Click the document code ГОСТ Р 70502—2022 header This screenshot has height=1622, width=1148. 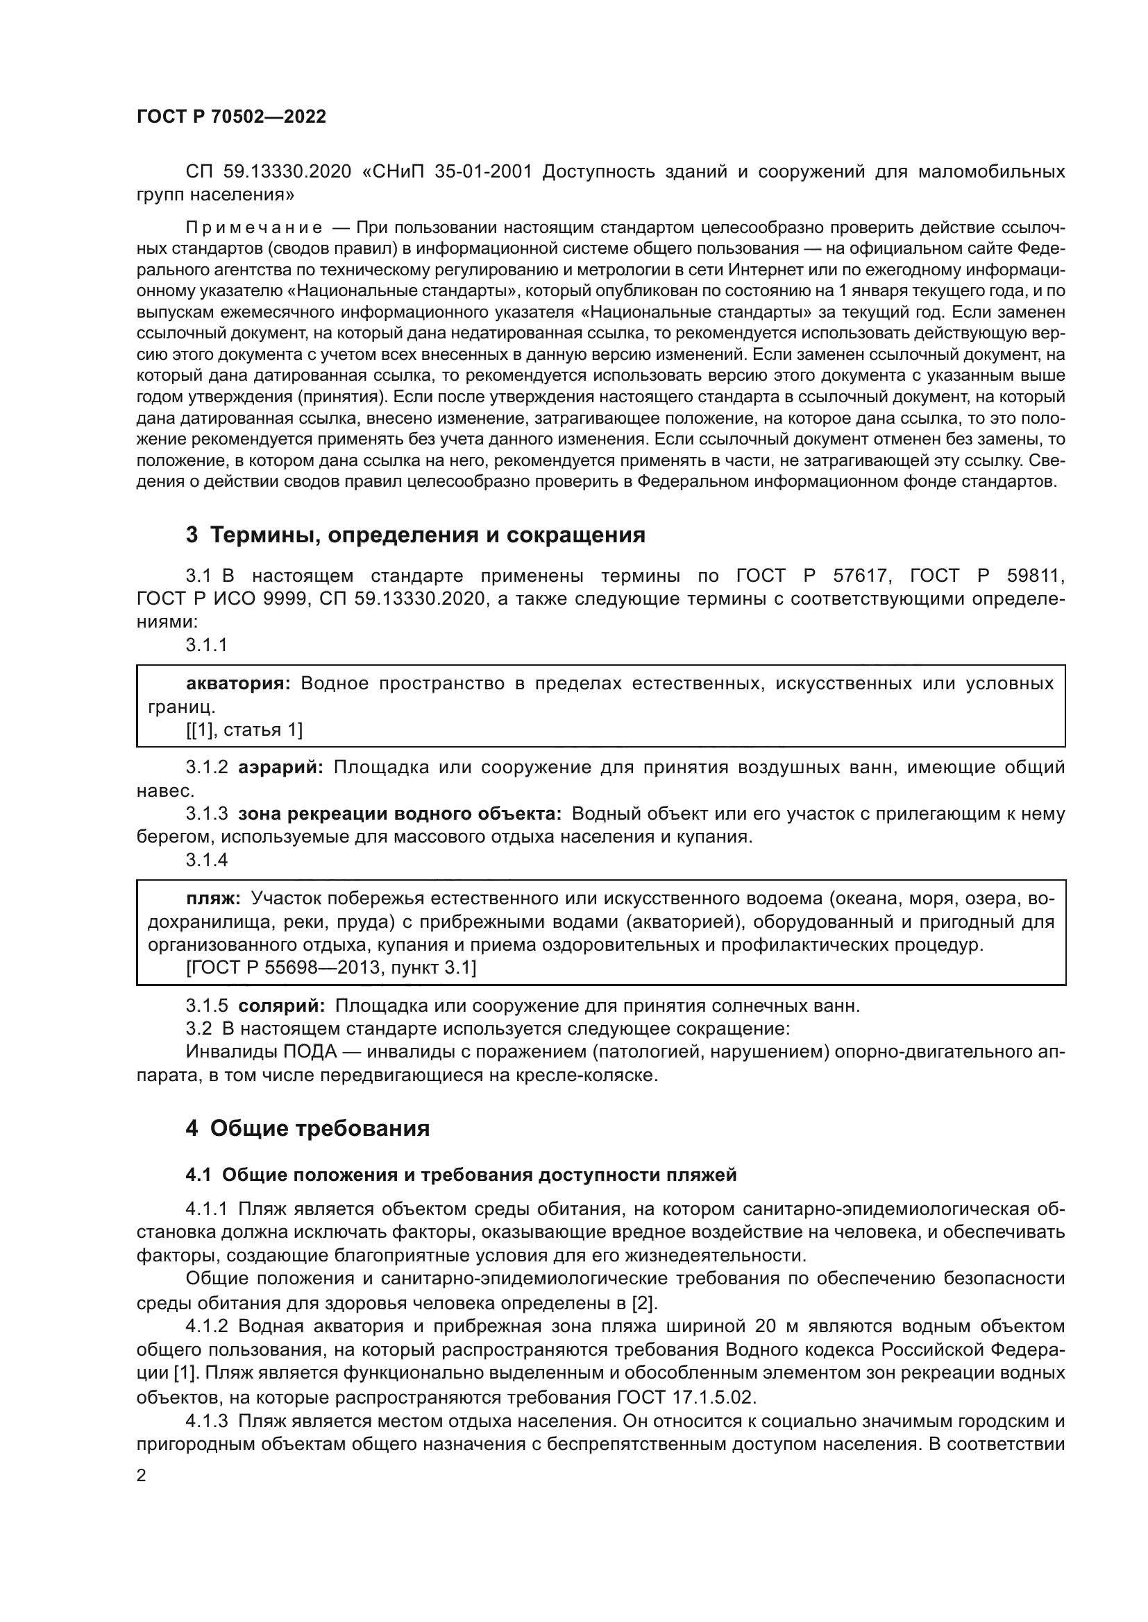231,117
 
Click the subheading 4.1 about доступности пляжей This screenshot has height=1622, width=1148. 461,1175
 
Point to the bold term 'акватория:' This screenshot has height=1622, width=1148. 238,683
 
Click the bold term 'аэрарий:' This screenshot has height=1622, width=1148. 280,767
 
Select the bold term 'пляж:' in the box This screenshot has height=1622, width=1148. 214,898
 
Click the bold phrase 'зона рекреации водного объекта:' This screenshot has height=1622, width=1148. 400,813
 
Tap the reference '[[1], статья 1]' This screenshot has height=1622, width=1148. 244,730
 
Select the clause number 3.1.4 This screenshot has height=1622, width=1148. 206,860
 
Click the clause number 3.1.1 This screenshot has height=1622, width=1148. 206,644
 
